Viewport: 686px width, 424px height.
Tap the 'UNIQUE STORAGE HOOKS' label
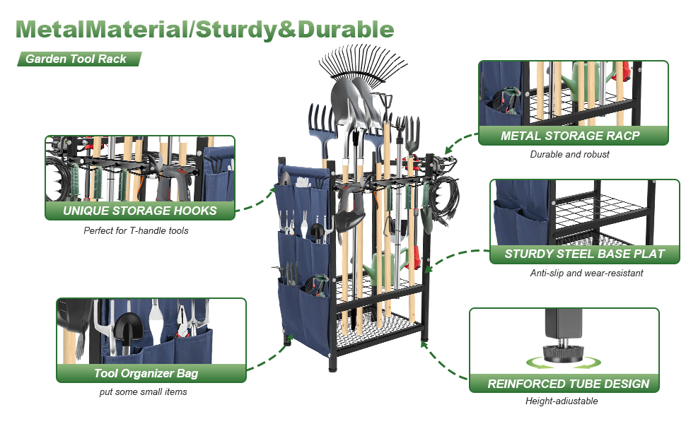pos(139,211)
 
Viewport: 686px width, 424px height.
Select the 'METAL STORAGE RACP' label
pos(570,136)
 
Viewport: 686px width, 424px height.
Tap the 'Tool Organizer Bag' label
pos(146,373)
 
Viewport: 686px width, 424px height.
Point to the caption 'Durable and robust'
pos(569,154)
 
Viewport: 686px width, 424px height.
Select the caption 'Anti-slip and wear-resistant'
pos(586,273)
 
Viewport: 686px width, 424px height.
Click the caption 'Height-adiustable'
pos(562,401)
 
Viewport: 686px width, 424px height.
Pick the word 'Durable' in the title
pos(346,29)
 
